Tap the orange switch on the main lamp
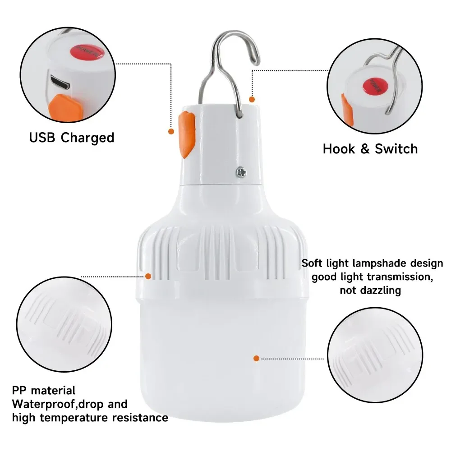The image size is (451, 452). pyautogui.click(x=186, y=133)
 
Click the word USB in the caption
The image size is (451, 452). pyautogui.click(x=43, y=137)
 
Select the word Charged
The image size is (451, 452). pyautogui.click(x=87, y=138)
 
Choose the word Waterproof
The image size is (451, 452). pyautogui.click(x=42, y=404)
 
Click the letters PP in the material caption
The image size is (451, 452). pyautogui.click(x=19, y=390)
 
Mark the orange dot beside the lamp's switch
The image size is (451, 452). pyautogui.click(x=171, y=131)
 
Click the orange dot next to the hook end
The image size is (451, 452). pyautogui.click(x=252, y=99)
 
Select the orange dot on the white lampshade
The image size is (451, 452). pyautogui.click(x=256, y=358)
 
